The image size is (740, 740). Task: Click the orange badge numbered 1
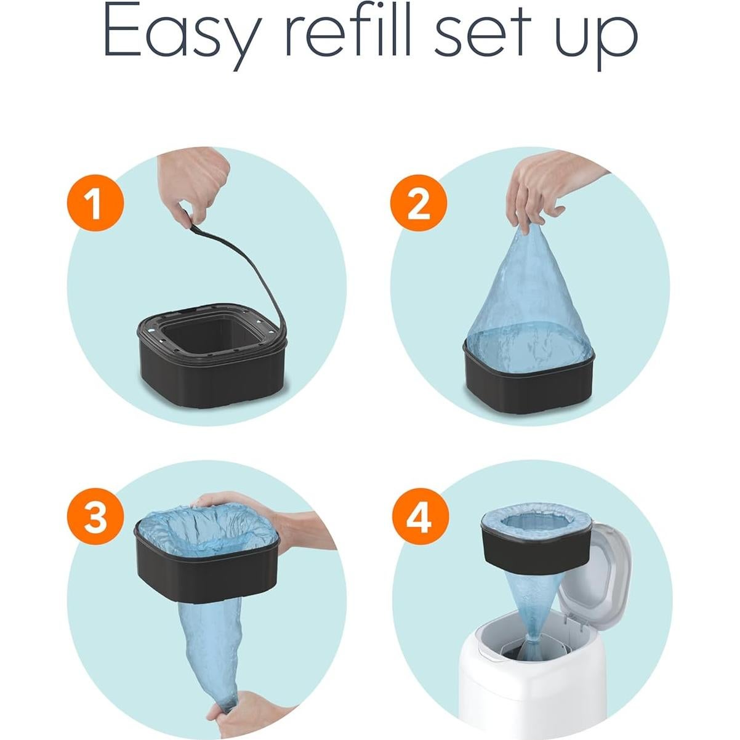coord(94,203)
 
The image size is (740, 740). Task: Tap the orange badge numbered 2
coord(418,203)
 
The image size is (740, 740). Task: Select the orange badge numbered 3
coord(94,517)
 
